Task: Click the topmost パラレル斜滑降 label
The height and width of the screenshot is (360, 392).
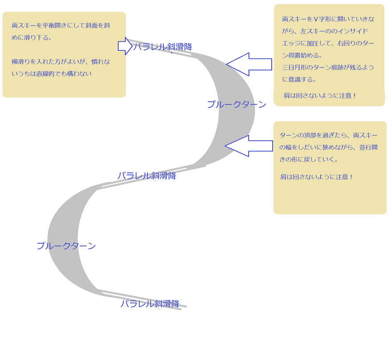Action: [x=163, y=47]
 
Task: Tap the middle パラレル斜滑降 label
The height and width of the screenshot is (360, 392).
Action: [x=147, y=176]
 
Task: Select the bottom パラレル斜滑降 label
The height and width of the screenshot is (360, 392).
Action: [x=150, y=304]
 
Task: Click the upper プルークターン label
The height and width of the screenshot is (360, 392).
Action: [x=237, y=104]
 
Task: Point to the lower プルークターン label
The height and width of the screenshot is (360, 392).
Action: [x=66, y=246]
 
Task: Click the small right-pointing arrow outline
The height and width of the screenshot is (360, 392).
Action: [x=125, y=46]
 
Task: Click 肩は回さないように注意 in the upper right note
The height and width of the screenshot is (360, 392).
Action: [x=320, y=96]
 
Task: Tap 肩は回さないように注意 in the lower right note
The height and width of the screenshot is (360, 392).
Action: [x=316, y=177]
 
